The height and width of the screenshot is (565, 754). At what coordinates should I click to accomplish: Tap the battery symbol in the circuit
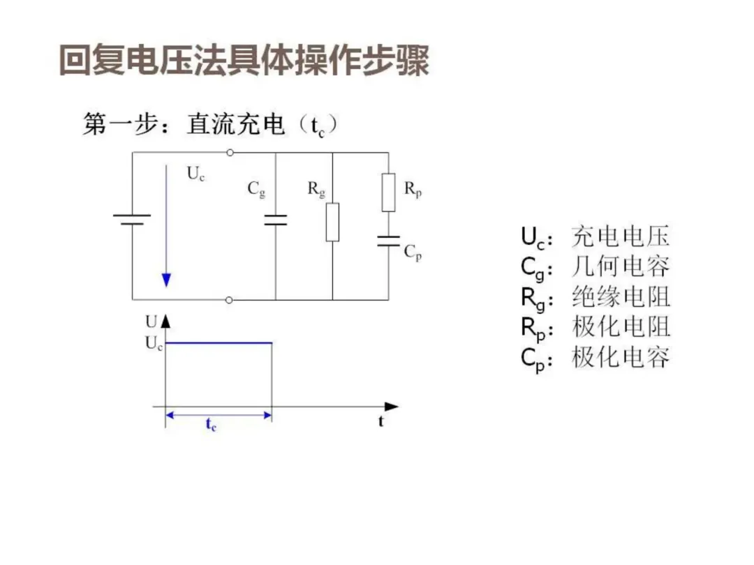(132, 219)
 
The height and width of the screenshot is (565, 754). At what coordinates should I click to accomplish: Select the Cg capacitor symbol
(276, 220)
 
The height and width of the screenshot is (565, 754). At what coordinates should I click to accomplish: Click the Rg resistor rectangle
(332, 222)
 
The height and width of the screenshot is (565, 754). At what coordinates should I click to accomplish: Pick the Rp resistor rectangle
(388, 193)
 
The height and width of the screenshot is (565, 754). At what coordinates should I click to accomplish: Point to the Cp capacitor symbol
(388, 241)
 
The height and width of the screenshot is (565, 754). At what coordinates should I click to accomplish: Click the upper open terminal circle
(230, 152)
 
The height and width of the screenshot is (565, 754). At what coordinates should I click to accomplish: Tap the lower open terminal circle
(230, 300)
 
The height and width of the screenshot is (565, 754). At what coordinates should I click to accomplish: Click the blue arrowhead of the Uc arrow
(166, 280)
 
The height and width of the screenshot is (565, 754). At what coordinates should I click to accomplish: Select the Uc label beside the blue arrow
(195, 174)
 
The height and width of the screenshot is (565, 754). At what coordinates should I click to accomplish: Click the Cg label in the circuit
(257, 189)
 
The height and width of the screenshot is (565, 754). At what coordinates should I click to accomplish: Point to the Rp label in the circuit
(413, 189)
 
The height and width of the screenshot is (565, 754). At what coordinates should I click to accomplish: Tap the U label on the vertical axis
(151, 322)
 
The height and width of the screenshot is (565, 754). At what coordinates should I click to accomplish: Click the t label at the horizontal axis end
(381, 421)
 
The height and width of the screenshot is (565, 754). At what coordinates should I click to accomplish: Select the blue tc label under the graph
(211, 425)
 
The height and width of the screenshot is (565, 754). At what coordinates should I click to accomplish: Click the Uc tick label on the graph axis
(154, 343)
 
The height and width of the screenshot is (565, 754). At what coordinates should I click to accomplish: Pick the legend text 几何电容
(621, 266)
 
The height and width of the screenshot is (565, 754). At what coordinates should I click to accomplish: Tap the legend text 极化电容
(621, 357)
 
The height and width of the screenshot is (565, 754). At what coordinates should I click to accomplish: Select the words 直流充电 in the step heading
(236, 125)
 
